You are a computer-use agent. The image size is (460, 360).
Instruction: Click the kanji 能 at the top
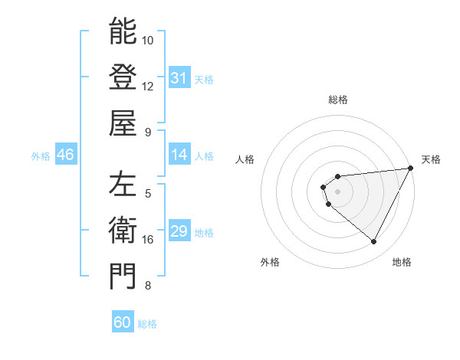point(123,31)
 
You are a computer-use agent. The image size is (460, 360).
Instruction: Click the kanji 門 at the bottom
point(123,277)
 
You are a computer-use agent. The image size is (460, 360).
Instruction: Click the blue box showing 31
point(179,78)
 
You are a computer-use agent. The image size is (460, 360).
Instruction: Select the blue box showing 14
point(179,155)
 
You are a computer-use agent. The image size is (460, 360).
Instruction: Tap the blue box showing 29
point(179,232)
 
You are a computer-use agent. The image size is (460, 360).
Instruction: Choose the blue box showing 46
point(65,155)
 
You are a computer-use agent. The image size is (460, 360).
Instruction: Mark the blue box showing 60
point(123,322)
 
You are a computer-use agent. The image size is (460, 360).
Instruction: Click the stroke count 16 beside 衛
point(148,240)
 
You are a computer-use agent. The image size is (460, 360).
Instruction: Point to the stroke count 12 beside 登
point(148,86)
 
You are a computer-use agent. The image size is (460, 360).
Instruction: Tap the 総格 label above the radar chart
point(338,100)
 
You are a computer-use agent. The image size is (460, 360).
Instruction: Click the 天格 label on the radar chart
point(431,159)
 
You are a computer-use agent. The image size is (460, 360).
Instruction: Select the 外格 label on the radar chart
point(269,262)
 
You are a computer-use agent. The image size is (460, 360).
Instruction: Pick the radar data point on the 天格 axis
point(411,169)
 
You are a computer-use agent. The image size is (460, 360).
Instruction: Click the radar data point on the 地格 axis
point(374,242)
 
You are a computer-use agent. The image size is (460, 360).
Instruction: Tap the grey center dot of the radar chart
point(338,191)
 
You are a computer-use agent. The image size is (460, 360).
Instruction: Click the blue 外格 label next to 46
point(41,156)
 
